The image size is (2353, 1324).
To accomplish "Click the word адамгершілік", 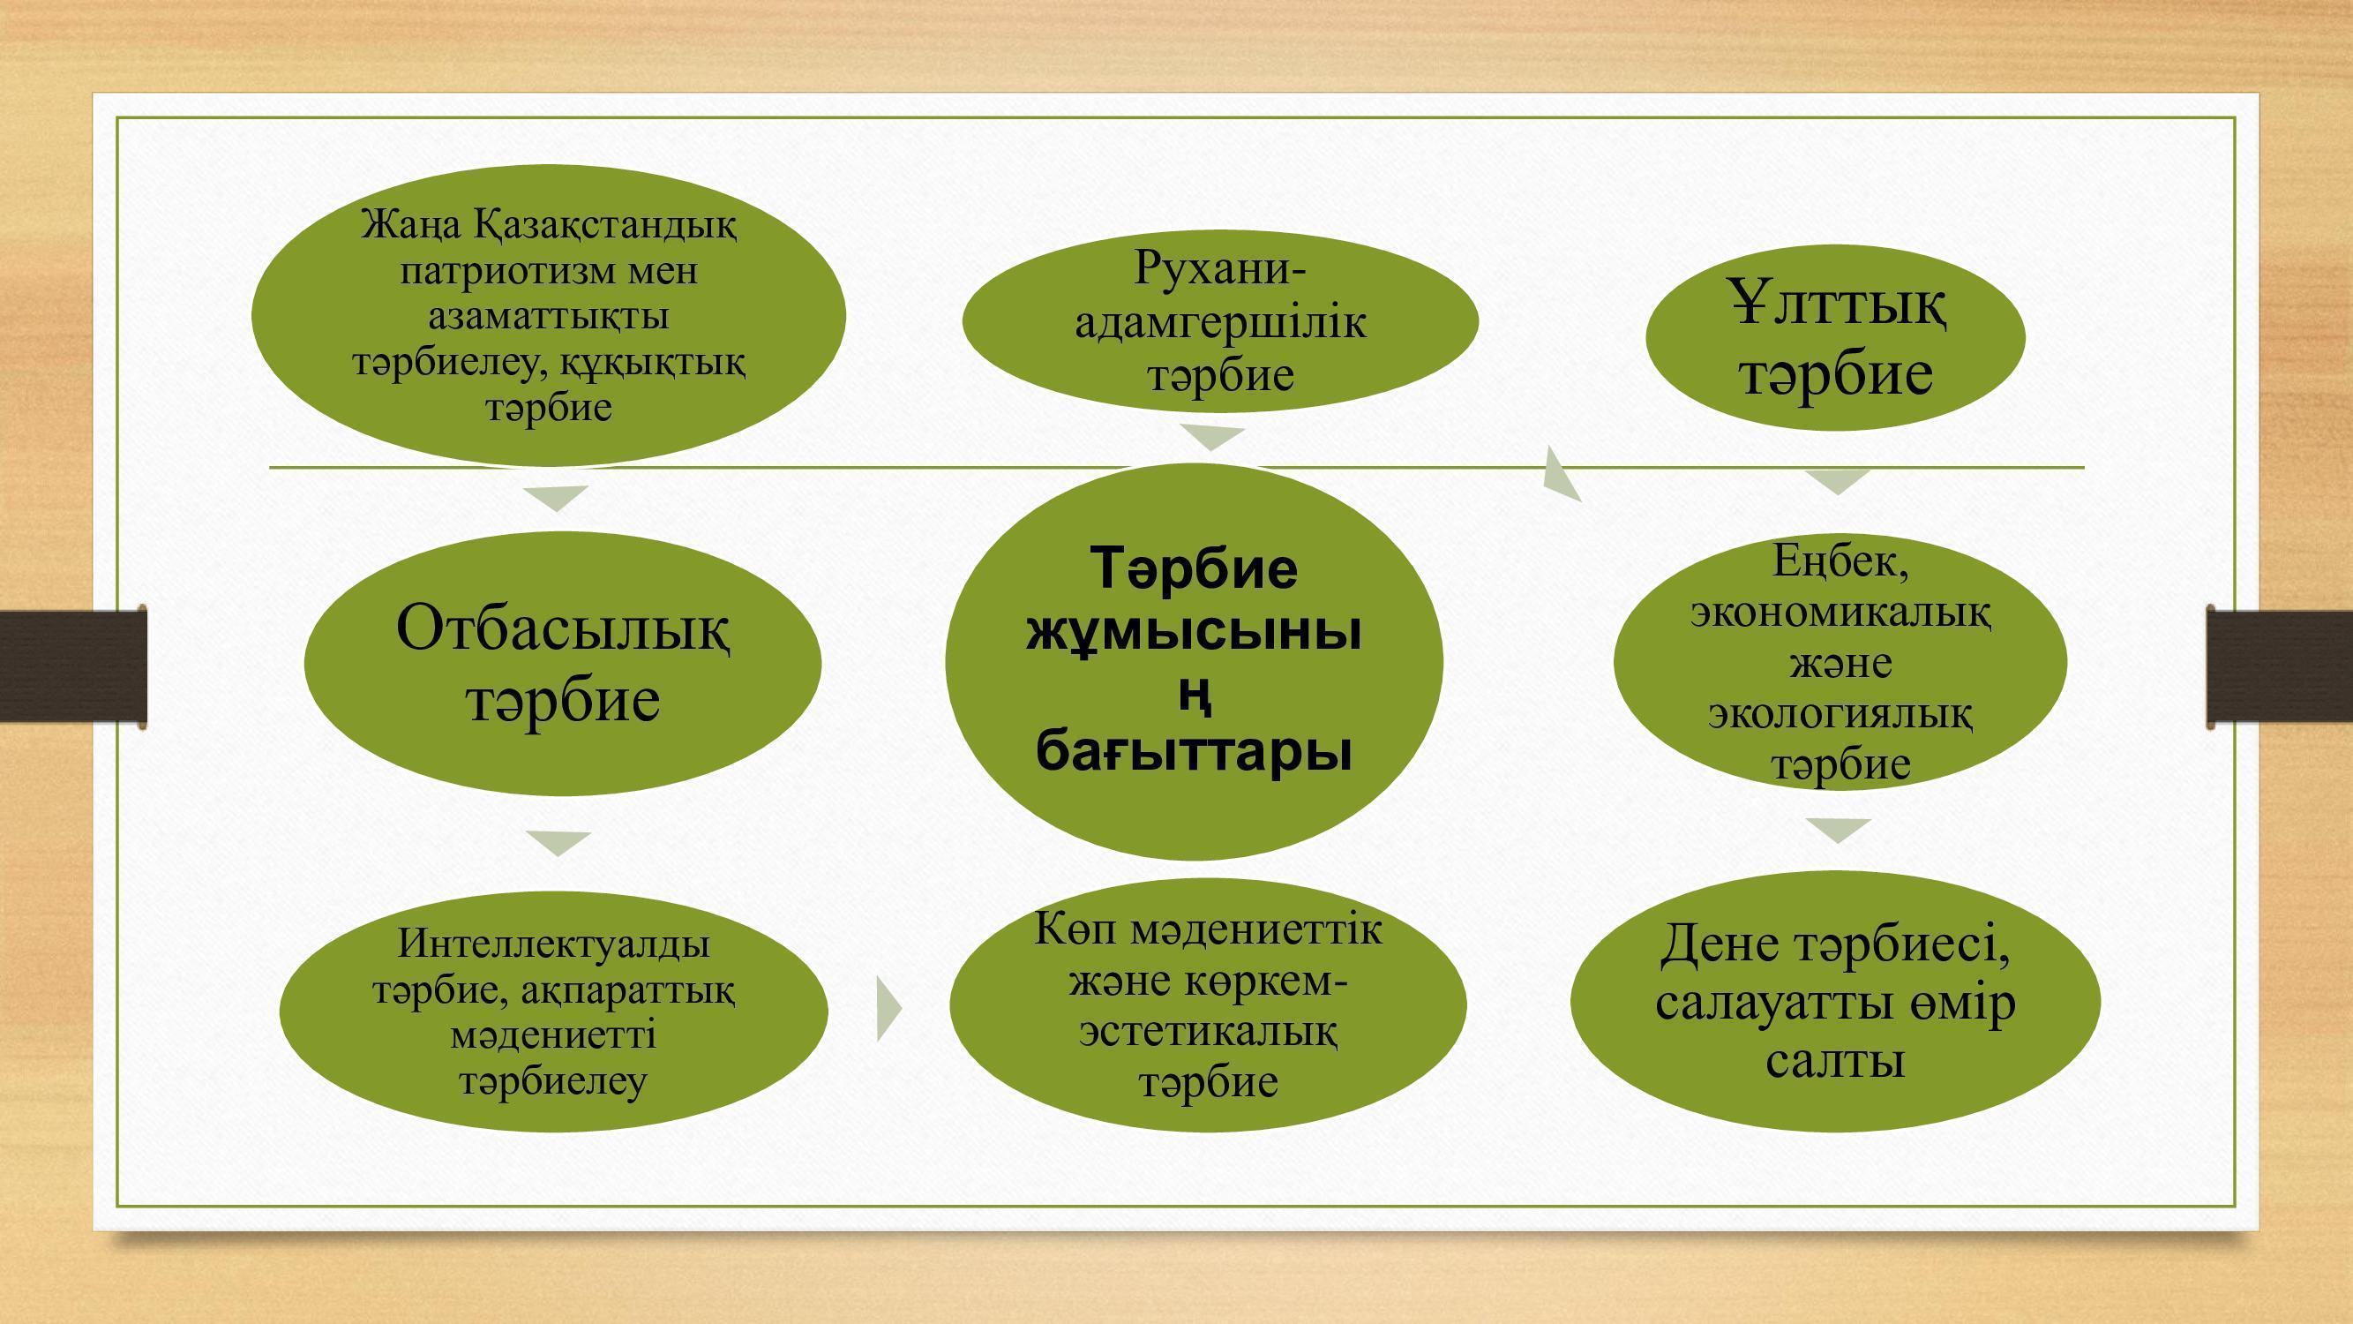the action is point(1220,322).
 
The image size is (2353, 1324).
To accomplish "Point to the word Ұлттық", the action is point(1838,305).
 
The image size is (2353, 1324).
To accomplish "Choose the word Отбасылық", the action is point(564,629).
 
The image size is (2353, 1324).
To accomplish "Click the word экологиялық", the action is point(1840,712).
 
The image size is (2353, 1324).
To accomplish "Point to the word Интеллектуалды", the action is point(553,943).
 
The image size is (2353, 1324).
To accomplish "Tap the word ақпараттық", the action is point(629,989).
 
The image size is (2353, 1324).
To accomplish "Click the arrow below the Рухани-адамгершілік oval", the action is point(1212,438).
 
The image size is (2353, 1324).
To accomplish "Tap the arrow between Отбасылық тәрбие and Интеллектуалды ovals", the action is point(559,843).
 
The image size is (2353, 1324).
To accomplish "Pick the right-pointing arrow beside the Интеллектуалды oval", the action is point(888,1008).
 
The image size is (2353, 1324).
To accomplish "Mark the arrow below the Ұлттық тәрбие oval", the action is point(1838,482).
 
